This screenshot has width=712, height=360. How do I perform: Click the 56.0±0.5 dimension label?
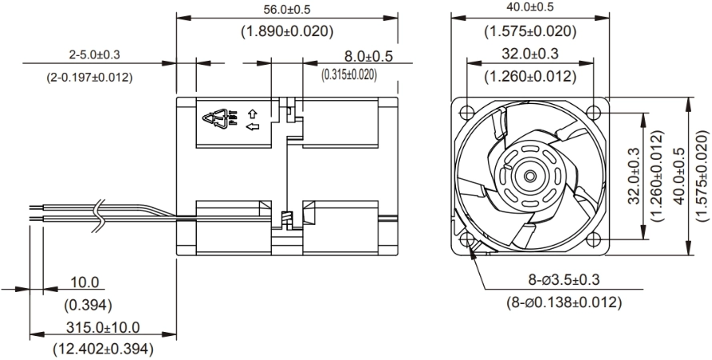[287, 9]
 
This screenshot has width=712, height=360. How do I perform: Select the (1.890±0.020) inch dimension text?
[287, 31]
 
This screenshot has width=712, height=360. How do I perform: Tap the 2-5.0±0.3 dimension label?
[94, 55]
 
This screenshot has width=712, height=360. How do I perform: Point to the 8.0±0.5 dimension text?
[368, 56]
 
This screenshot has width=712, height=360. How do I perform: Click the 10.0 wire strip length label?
[85, 282]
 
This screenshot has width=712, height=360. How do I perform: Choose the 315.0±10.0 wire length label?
[103, 327]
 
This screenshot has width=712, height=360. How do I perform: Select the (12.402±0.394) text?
[103, 349]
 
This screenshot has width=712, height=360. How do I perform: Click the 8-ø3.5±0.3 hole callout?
[564, 280]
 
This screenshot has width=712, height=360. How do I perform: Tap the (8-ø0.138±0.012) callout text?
[564, 302]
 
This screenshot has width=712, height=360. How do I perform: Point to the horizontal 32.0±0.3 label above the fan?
[530, 54]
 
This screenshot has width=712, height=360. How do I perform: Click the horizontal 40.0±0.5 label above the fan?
[530, 8]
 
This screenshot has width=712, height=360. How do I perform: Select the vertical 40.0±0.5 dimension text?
[680, 176]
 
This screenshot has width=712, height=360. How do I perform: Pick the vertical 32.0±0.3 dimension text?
[634, 176]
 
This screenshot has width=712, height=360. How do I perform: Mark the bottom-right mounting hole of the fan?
[593, 238]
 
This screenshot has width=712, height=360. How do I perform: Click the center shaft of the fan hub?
[530, 176]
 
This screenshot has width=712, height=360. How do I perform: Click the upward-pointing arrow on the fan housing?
[253, 113]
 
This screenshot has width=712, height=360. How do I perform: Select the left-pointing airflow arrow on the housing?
[253, 126]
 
